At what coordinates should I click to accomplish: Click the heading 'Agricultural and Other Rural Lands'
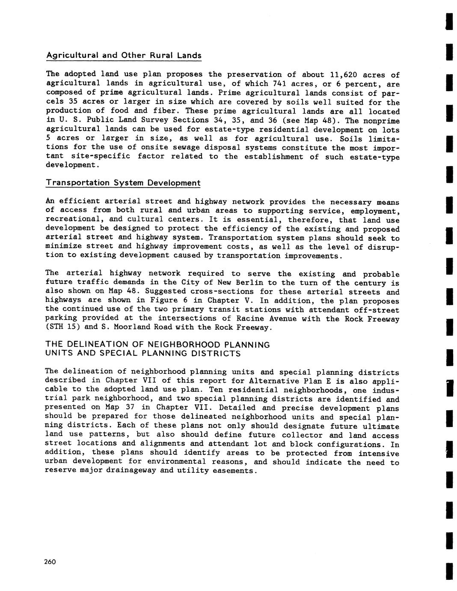(123, 55)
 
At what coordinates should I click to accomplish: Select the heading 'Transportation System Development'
(123, 183)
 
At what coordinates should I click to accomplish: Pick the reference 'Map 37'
(135, 407)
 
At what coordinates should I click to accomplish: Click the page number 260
(50, 562)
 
